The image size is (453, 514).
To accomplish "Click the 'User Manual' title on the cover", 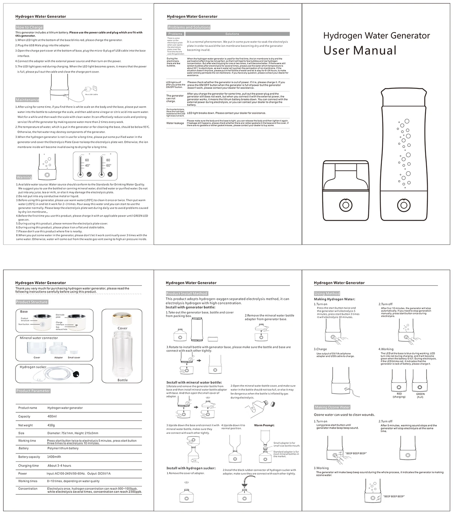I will pyautogui.click(x=360, y=51).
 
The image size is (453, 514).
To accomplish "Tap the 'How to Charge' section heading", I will pyautogui.click(x=29, y=27).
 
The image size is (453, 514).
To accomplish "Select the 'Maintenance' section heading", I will pyautogui.click(x=27, y=100).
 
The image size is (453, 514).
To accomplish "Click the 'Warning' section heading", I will pyautogui.click(x=24, y=177).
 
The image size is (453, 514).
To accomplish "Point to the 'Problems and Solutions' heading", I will pyautogui.click(x=189, y=27).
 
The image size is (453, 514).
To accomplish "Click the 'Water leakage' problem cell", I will pyautogui.click(x=175, y=123).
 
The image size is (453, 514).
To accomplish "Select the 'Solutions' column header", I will pyautogui.click(x=232, y=34).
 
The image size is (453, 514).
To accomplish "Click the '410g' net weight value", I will pyautogui.click(x=51, y=425).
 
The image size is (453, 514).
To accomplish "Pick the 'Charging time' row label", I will pyautogui.click(x=28, y=466).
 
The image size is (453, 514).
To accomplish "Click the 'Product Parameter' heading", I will pyautogui.click(x=33, y=391).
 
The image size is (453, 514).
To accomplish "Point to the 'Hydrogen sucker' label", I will pyautogui.click(x=33, y=367).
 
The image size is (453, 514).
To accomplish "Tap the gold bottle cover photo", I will pyautogui.click(x=122, y=318).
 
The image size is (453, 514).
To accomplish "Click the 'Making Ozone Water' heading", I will pyautogui.click(x=332, y=407).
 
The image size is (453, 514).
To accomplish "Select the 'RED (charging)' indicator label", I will pyautogui.click(x=399, y=395).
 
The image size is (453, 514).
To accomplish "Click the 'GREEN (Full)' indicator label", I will pyautogui.click(x=420, y=395).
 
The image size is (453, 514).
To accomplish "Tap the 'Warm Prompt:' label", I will pyautogui.click(x=264, y=425).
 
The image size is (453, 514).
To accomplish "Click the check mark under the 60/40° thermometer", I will pyautogui.click(x=89, y=174).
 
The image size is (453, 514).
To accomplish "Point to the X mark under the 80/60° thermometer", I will pyautogui.click(x=110, y=174).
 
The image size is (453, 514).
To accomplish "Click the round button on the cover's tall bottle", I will pyautogui.click(x=404, y=205).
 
